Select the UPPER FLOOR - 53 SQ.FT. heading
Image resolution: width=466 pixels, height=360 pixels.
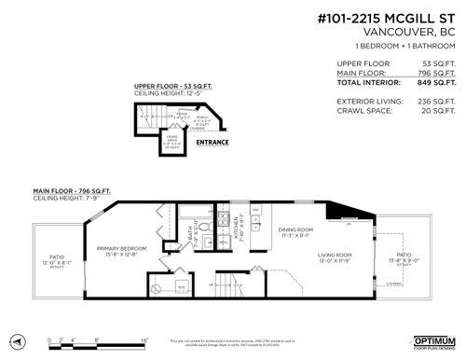pyautogui.click(x=174, y=85)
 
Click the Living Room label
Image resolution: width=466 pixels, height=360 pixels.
pyautogui.click(x=336, y=256)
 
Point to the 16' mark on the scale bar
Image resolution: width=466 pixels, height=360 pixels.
pyautogui.click(x=144, y=339)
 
